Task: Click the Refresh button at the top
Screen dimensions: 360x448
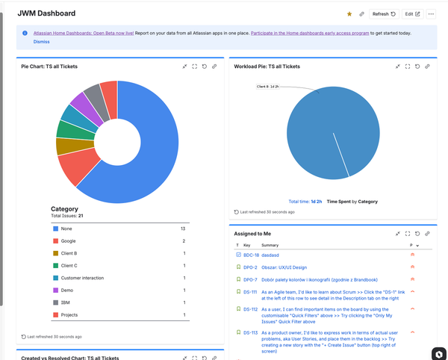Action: pos(384,13)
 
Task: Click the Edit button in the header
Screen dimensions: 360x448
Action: pos(411,13)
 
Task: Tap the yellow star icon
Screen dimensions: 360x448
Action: pos(349,13)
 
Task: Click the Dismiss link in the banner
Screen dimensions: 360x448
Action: pos(42,42)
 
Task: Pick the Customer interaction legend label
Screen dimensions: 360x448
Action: pos(82,278)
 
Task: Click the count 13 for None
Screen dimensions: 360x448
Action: pos(183,229)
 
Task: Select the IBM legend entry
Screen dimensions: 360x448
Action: pos(66,302)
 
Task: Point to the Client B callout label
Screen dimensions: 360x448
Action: pos(267,87)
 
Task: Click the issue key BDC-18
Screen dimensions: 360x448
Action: pos(251,255)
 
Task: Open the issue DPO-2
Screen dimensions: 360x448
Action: pos(250,267)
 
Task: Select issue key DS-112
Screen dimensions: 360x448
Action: pos(250,309)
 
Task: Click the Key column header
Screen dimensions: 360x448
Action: pos(246,245)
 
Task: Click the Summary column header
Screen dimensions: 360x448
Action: pos(270,245)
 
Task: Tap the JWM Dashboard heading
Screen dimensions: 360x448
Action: pos(46,13)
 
